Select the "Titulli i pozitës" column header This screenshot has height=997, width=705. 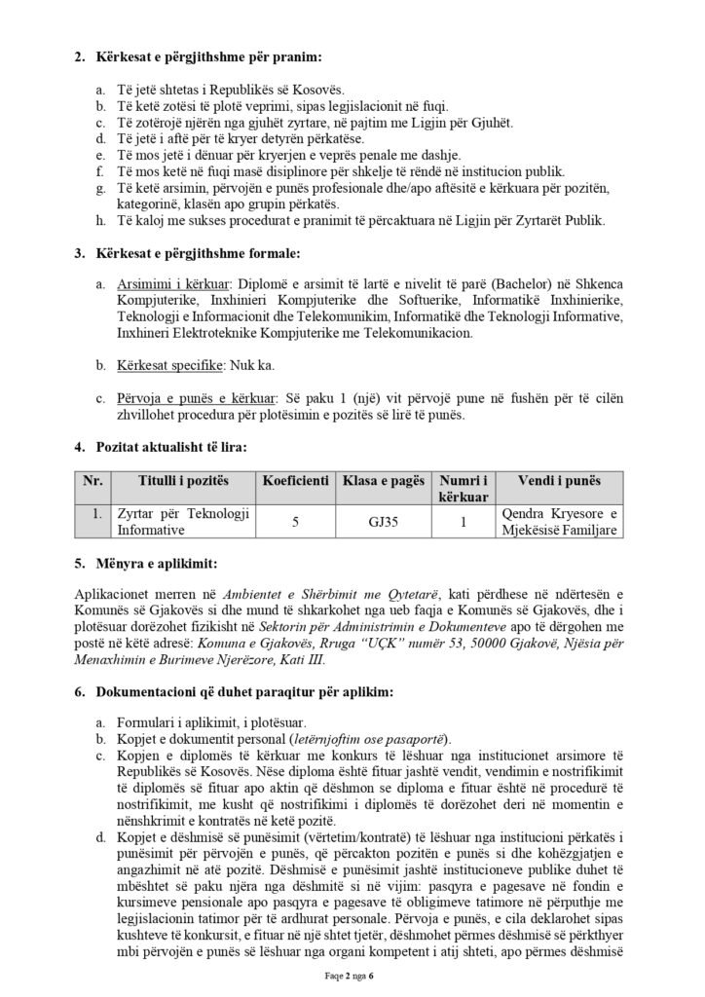click(182, 481)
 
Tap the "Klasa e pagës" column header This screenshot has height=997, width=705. click(383, 481)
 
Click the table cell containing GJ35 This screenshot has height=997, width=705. click(383, 522)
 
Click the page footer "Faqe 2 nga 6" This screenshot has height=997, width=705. click(352, 978)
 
